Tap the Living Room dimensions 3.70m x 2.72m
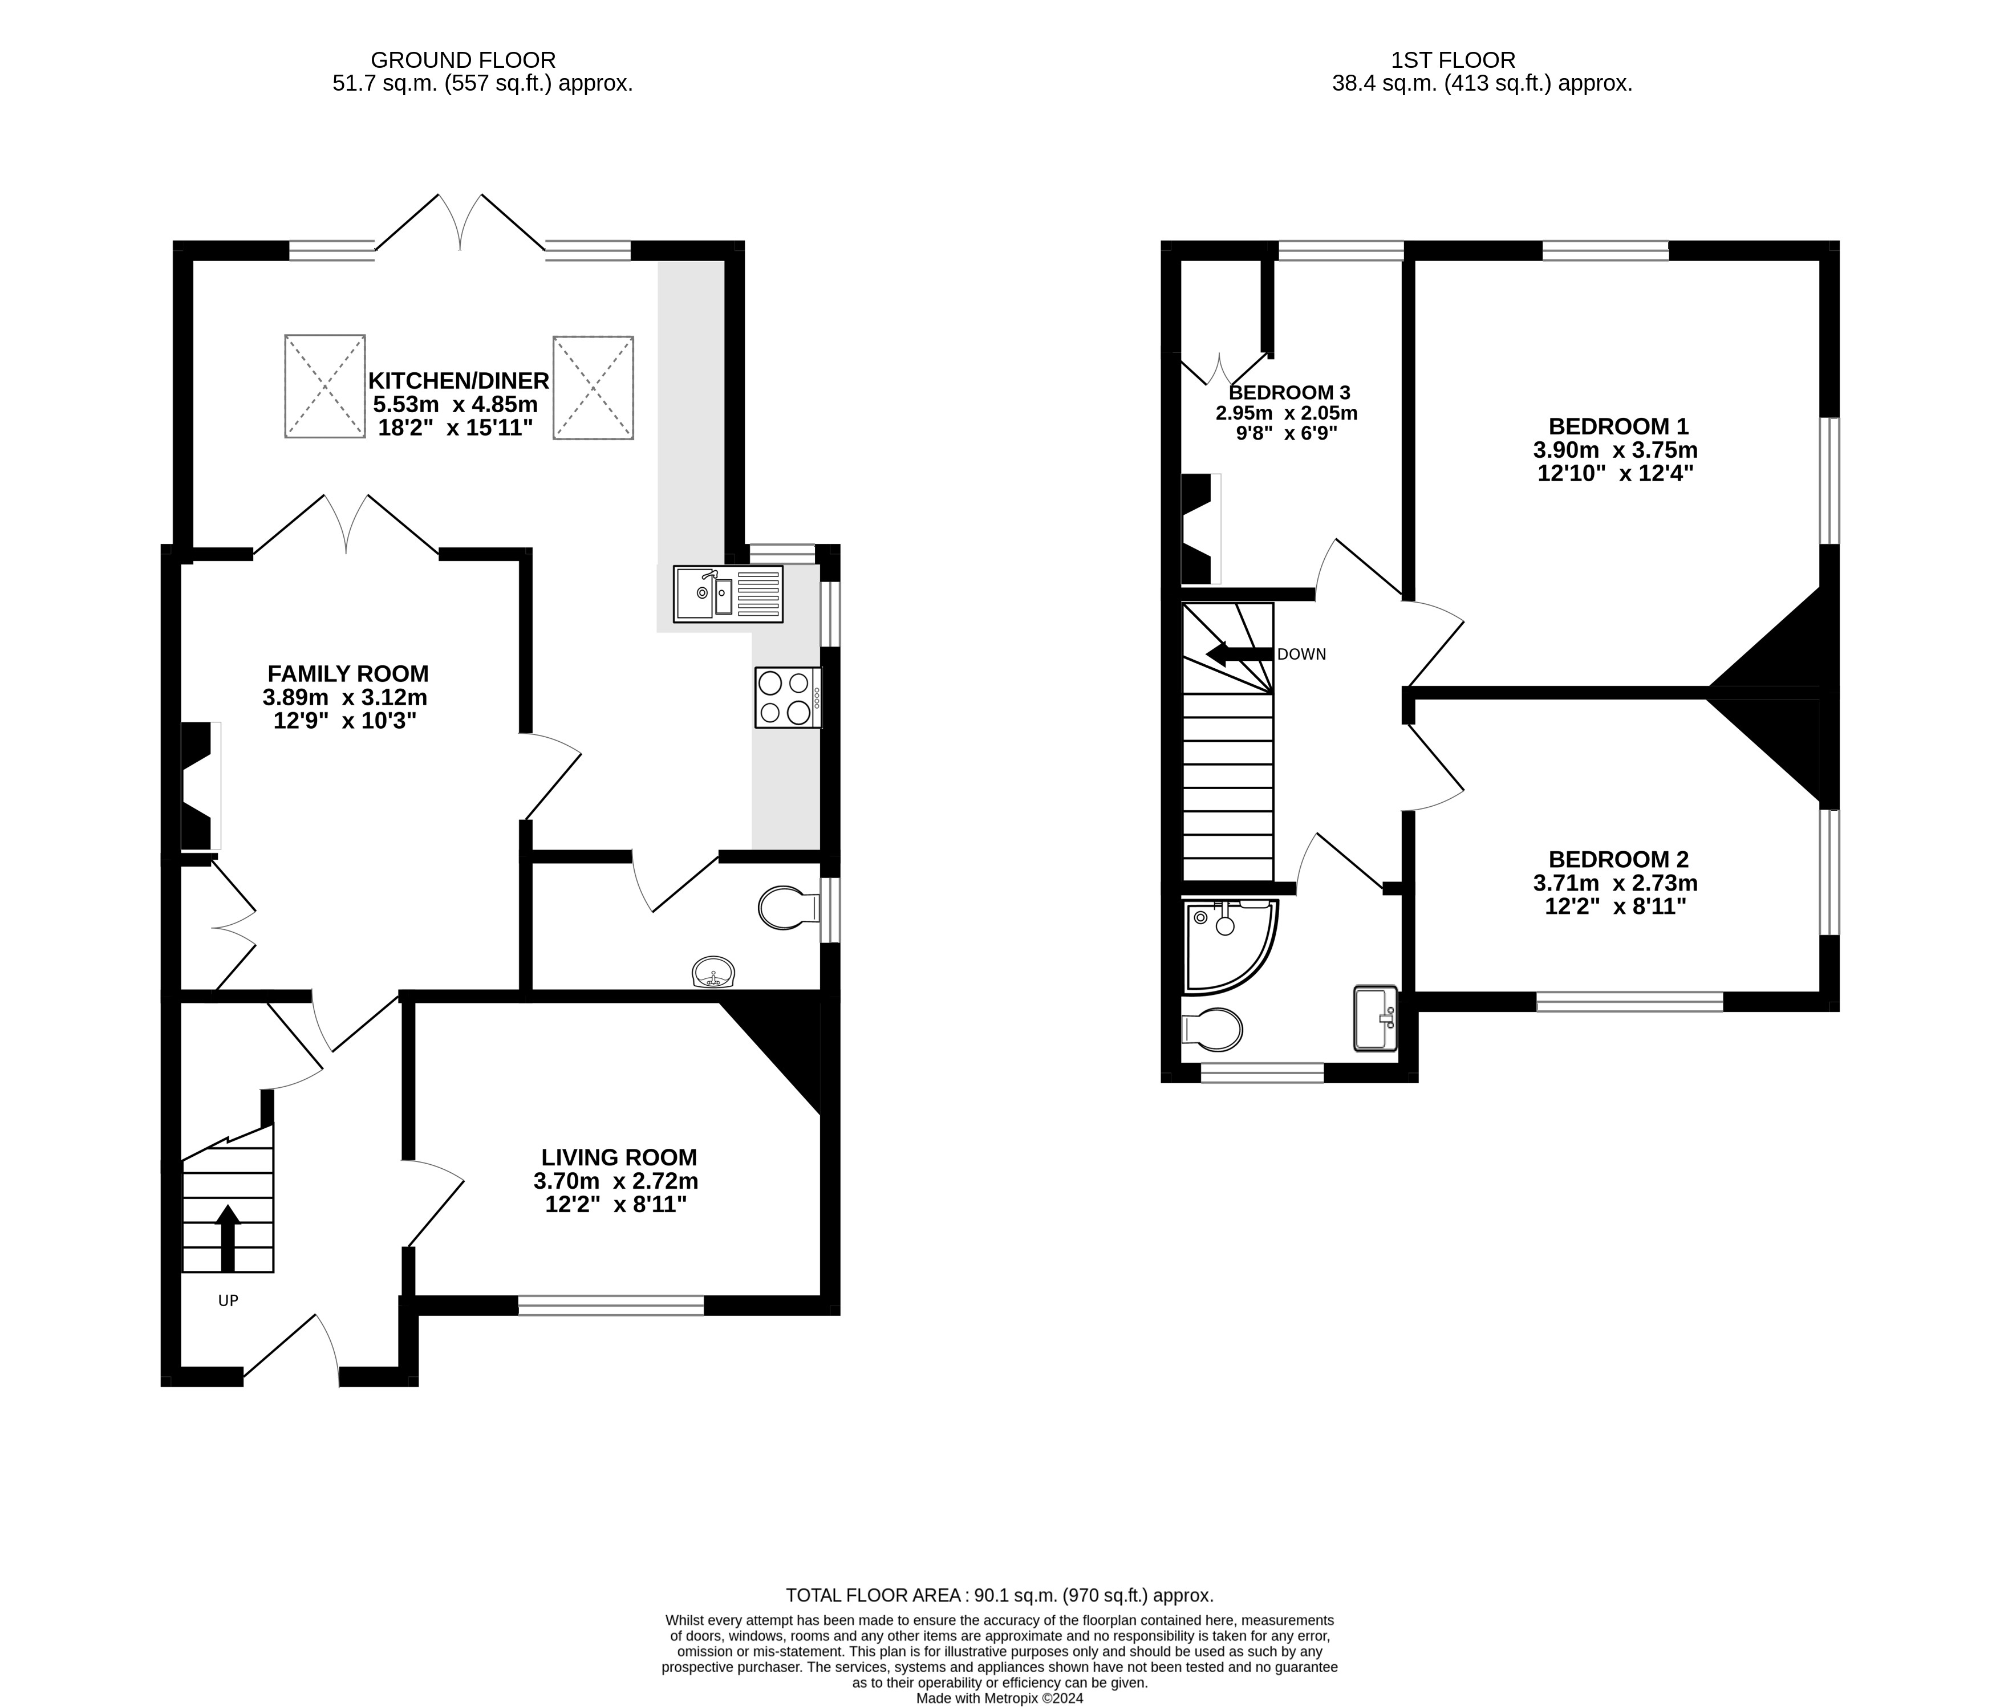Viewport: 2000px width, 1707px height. (x=616, y=1181)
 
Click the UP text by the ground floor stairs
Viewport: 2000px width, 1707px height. (x=228, y=1300)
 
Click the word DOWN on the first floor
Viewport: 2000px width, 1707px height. (x=1301, y=655)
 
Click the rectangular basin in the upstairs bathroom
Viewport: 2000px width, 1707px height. (x=1376, y=1018)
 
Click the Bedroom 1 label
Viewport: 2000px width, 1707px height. (x=1618, y=426)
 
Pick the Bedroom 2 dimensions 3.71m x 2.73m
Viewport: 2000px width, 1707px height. (x=1616, y=883)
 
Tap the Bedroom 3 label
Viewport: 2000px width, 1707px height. (x=1289, y=393)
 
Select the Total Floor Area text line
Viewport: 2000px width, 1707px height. (x=1000, y=1595)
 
